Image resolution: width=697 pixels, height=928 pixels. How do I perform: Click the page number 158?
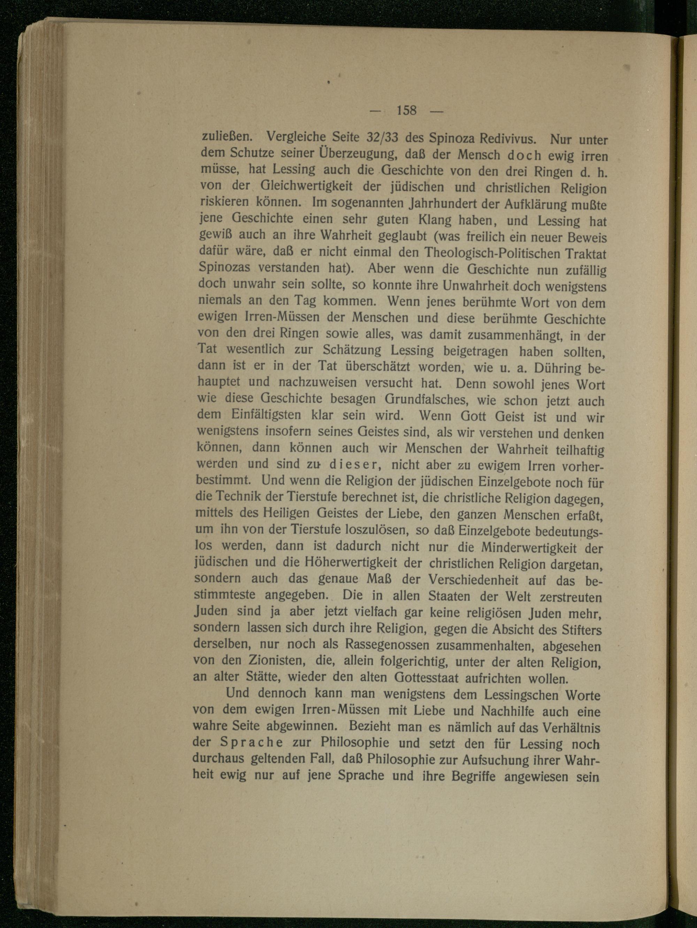pos(406,110)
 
